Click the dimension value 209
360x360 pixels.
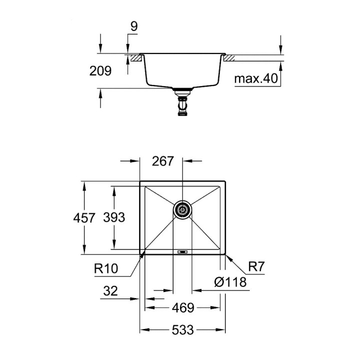100,71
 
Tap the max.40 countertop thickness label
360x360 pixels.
255,78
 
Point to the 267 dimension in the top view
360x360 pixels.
163,161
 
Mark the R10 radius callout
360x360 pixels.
105,269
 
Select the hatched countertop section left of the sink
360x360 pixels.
135,58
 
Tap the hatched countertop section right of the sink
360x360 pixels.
229,58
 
